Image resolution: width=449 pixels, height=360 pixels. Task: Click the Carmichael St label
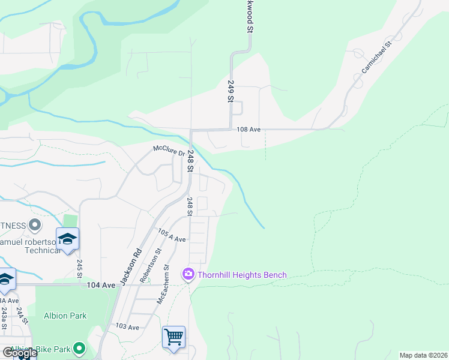[376, 58]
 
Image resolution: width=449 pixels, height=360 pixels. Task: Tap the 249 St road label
[229, 92]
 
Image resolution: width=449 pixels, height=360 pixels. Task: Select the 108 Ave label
[249, 129]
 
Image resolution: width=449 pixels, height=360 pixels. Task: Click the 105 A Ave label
[172, 235]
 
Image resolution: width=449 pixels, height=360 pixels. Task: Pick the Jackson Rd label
[131, 266]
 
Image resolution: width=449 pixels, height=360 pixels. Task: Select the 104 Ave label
[100, 285]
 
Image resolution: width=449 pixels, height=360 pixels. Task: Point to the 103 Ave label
[127, 327]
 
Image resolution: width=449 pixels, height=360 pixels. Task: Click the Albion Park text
[65, 316]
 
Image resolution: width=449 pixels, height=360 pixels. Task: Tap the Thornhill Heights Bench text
[243, 275]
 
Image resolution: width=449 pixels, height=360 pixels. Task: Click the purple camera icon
[188, 274]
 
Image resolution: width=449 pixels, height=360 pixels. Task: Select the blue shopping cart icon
[173, 337]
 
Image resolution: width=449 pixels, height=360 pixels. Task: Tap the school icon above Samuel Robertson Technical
[68, 238]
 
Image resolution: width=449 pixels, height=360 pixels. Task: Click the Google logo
[19, 353]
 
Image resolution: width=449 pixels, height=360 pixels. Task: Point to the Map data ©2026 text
[423, 355]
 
